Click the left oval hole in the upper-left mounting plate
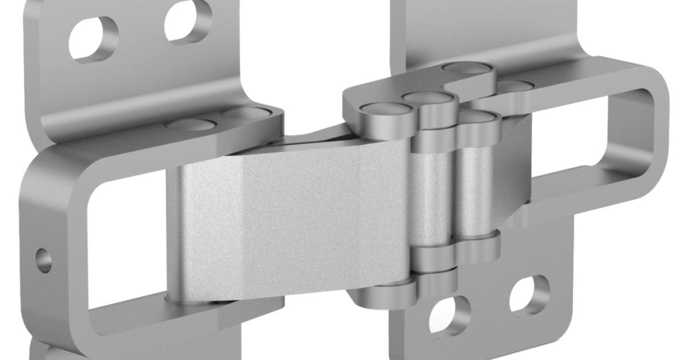point(94,38)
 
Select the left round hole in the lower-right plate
point(450,314)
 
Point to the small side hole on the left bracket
point(43,261)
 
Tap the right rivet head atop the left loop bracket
point(243,112)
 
